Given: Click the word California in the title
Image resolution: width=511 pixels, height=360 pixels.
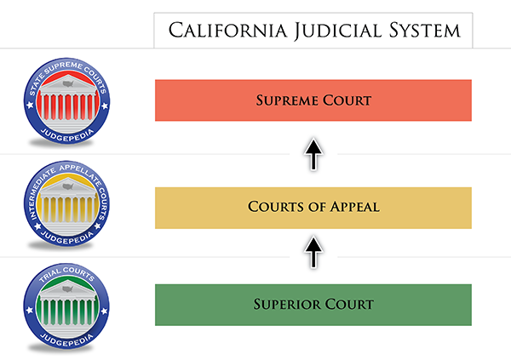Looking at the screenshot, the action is click(x=227, y=31).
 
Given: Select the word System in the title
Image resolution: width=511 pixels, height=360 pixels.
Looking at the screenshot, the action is click(x=425, y=31).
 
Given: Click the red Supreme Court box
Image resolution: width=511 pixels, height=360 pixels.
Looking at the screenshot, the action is click(x=313, y=100).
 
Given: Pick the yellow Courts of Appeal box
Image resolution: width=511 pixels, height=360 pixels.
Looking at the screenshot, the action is click(x=313, y=208).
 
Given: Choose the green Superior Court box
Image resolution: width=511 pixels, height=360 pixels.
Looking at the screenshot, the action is click(x=313, y=305).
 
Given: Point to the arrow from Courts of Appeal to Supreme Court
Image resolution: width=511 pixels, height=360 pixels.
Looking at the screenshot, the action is click(x=313, y=154).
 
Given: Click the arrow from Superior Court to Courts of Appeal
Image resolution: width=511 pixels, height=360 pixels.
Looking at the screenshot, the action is click(x=313, y=252).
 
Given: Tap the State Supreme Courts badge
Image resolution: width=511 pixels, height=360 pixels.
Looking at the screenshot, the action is click(x=66, y=101).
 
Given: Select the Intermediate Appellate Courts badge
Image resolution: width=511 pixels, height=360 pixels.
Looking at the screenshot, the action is click(x=66, y=203).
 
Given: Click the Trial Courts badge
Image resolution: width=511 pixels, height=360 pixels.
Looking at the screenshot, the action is click(x=66, y=306).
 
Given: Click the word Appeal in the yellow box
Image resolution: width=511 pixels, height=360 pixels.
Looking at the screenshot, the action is click(x=354, y=207).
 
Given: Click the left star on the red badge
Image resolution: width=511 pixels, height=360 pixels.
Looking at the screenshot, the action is click(x=30, y=105).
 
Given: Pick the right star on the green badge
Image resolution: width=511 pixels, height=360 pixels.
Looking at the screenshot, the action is click(x=104, y=311).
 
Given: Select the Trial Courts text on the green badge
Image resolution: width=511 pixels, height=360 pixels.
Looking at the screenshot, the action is click(x=66, y=274).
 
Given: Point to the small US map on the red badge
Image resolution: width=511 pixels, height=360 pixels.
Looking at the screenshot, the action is click(x=68, y=83).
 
